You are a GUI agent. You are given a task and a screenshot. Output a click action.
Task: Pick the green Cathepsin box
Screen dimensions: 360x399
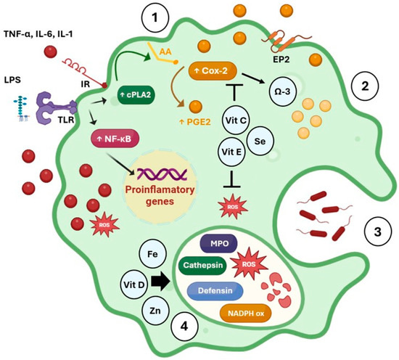coord(207,266)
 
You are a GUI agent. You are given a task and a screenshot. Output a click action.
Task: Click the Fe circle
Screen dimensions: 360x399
coord(152,253)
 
